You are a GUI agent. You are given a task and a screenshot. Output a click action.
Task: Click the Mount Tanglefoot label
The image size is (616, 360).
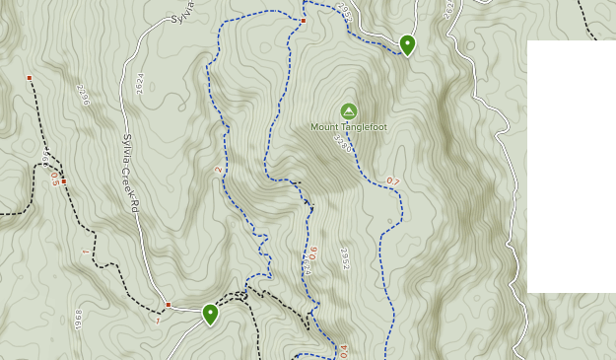[348, 126]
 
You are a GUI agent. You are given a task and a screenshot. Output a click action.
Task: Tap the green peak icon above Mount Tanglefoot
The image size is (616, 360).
[347, 110]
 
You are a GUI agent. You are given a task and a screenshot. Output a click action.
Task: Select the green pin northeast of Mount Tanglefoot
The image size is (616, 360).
[407, 44]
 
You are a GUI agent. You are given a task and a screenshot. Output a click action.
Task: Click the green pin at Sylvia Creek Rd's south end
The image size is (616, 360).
[210, 314]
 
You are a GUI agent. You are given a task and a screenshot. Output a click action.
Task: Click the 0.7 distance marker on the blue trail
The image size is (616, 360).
[393, 181]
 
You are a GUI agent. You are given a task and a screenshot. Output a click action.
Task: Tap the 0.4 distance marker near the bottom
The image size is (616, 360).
[343, 351]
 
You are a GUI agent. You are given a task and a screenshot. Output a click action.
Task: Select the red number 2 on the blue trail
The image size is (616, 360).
[218, 169]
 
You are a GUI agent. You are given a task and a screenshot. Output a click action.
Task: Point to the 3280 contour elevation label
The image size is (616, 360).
[342, 144]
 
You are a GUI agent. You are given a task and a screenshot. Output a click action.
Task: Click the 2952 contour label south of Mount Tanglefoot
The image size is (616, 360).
[344, 258]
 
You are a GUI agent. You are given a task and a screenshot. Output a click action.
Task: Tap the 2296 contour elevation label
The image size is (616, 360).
[83, 95]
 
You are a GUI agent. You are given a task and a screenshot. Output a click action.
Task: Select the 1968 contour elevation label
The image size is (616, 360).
[78, 321]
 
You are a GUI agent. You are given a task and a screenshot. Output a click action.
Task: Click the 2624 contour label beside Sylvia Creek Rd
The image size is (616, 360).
[139, 84]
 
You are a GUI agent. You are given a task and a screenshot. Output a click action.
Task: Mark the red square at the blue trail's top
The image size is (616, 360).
[304, 21]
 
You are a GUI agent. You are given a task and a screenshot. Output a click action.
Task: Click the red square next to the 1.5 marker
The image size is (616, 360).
[64, 181]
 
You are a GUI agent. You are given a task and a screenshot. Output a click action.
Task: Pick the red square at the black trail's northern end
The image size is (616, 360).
[30, 78]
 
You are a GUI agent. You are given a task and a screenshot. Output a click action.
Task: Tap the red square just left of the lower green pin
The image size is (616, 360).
[169, 305]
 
